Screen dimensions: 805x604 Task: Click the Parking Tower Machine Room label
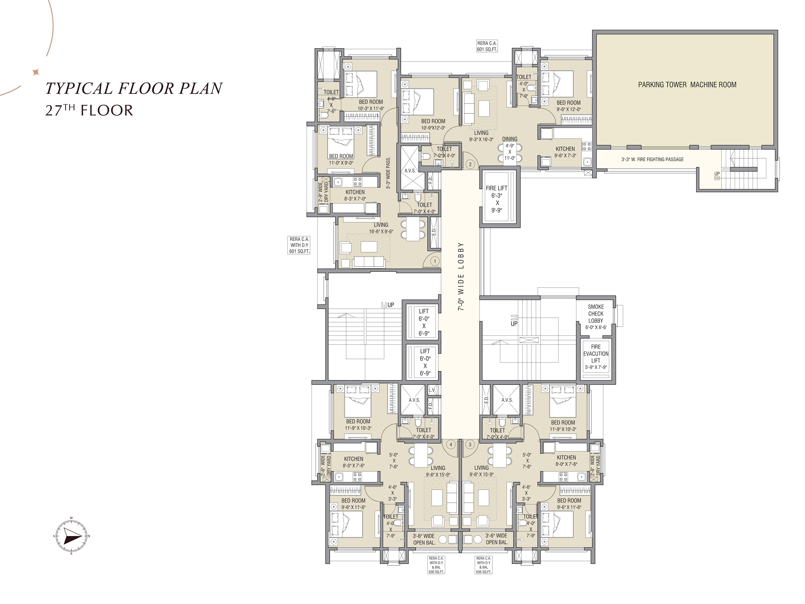[x=687, y=85]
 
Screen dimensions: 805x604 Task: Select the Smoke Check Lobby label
[x=596, y=313]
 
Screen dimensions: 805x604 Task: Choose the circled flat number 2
[x=470, y=164]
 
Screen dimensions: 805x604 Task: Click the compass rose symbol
[x=72, y=536]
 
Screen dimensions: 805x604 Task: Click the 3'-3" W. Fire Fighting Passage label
[x=653, y=159]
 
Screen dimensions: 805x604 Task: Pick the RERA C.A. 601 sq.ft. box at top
[x=487, y=46]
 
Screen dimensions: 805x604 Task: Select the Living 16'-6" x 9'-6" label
[x=381, y=228]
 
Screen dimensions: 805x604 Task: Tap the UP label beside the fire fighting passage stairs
[x=717, y=174]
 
